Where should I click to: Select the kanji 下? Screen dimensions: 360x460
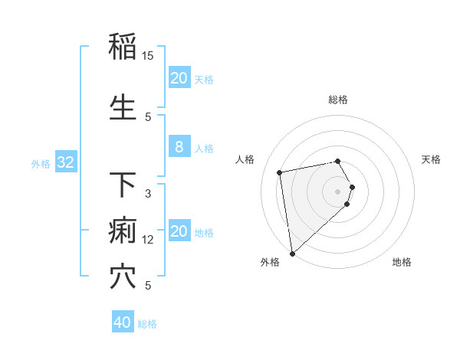pyautogui.click(x=123, y=185)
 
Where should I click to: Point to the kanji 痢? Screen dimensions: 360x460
pyautogui.click(x=123, y=230)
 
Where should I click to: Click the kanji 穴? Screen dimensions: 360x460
pyautogui.click(x=123, y=277)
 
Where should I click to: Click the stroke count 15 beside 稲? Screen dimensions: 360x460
pyautogui.click(x=148, y=56)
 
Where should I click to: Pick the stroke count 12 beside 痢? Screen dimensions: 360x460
pyautogui.click(x=148, y=240)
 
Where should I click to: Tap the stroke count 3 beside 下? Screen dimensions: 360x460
pyautogui.click(x=148, y=194)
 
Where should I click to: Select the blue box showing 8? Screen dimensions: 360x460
pyautogui.click(x=179, y=148)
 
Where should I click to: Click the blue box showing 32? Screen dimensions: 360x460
pyautogui.click(x=66, y=162)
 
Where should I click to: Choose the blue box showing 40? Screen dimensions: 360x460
pyautogui.click(x=123, y=322)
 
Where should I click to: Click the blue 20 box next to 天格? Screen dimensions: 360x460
pyautogui.click(x=179, y=78)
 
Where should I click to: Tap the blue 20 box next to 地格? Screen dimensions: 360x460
pyautogui.click(x=179, y=232)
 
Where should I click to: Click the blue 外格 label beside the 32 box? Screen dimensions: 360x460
pyautogui.click(x=41, y=163)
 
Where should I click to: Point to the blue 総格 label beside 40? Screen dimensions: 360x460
pyautogui.click(x=147, y=324)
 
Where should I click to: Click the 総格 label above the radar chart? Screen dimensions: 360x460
pyautogui.click(x=338, y=100)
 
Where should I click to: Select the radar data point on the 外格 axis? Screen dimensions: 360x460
pyautogui.click(x=292, y=253)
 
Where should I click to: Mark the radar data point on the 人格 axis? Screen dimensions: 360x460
pyautogui.click(x=280, y=172)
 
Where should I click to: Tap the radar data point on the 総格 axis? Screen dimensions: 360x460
pyautogui.click(x=338, y=161)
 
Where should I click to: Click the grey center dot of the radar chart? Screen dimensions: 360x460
pyautogui.click(x=338, y=191)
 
